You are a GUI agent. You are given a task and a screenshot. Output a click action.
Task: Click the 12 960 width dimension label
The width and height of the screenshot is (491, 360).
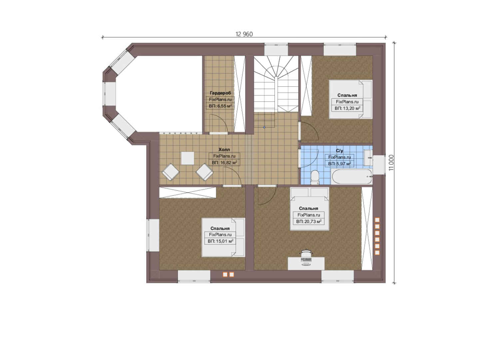click(244, 34)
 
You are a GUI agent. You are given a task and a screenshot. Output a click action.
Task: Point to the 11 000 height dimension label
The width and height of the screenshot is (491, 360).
click(391, 163)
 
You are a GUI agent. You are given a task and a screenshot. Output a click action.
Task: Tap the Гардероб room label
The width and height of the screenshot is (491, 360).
click(220, 93)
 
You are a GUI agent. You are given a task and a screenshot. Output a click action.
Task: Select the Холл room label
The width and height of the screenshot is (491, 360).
click(224, 149)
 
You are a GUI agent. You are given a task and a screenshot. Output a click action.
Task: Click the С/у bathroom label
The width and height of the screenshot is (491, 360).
click(339, 151)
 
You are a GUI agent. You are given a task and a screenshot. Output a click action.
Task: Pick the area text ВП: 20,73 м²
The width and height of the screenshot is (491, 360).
click(309, 222)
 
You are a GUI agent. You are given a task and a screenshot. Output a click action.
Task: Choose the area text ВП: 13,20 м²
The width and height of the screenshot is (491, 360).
click(347, 108)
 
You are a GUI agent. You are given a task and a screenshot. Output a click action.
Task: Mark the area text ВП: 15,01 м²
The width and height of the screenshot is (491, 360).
click(220, 241)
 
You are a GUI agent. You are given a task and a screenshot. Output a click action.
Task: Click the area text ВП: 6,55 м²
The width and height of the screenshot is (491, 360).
click(220, 106)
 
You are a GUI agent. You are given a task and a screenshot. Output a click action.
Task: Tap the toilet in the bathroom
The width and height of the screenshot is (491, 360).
click(315, 177)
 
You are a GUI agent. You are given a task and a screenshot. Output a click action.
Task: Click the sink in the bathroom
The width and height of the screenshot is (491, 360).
click(368, 158)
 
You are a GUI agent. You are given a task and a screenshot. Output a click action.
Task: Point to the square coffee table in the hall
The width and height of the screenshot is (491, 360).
click(188, 158)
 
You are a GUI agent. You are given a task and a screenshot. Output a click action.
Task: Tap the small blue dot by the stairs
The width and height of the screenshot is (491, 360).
click(264, 127)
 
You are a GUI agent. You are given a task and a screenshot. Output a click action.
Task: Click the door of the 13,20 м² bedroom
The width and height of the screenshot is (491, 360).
click(309, 131)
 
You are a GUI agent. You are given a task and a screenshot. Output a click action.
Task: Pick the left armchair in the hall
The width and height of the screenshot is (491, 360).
click(170, 172)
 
